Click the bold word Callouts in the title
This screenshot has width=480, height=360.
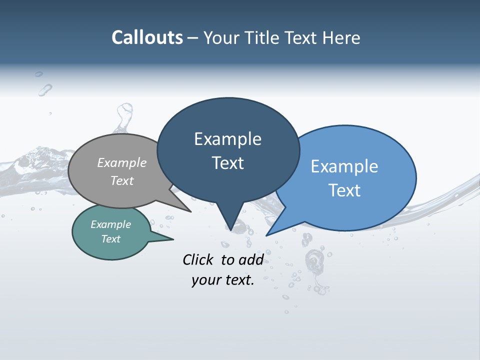[147, 37]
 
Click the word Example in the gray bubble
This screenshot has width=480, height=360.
[122, 162]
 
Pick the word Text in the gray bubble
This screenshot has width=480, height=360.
[122, 180]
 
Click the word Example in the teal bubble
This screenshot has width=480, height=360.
[111, 224]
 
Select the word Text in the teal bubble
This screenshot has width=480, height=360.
[111, 239]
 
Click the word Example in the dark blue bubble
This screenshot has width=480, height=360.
[227, 139]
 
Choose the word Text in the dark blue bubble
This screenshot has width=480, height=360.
[227, 163]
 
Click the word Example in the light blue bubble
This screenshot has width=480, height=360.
[344, 166]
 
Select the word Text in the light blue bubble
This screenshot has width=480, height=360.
[344, 190]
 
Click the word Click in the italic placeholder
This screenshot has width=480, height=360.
[198, 259]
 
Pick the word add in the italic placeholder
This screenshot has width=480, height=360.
[251, 259]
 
